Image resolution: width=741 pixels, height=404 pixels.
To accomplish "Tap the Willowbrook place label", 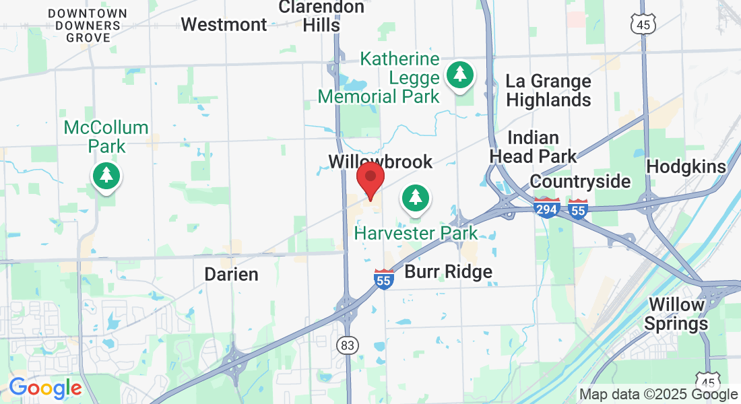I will (x=380, y=161).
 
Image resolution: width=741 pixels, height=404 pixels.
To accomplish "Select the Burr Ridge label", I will (x=448, y=271).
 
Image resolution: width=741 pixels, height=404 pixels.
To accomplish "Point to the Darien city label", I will (x=231, y=275).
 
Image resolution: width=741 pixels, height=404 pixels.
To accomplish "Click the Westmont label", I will (x=224, y=25).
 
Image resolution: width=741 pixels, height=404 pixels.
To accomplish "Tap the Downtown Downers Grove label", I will (x=88, y=26).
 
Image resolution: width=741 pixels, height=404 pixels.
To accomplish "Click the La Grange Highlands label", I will (x=548, y=91).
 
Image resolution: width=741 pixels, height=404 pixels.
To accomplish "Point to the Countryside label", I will (x=579, y=182).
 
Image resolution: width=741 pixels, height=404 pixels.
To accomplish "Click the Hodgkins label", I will (x=686, y=166).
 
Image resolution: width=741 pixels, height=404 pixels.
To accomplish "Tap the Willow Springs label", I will (x=676, y=314).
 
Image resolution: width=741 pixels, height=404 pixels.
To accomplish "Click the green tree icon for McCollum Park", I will (x=106, y=176).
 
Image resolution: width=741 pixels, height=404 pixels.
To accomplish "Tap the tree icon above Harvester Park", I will (x=416, y=197).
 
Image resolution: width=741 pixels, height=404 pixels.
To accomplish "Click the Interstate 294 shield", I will (x=546, y=208).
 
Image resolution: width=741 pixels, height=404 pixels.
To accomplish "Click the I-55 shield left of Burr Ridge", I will (x=384, y=279).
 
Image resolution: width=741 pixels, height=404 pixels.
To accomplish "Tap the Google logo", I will (x=44, y=389).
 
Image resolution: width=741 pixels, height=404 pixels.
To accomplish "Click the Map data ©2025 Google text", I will (x=658, y=395).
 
